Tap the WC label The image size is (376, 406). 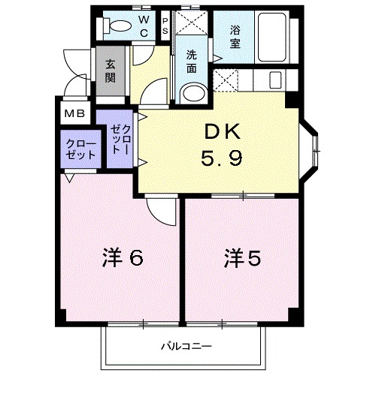point(144,26)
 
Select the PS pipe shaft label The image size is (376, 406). point(165,26)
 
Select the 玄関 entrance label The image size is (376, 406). point(111,72)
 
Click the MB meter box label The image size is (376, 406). point(74,113)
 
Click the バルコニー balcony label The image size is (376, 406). point(185,347)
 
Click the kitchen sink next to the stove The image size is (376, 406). point(273,79)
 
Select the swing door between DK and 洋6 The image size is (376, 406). point(159,209)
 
